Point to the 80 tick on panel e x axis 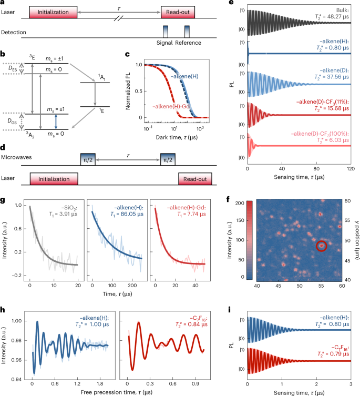[316, 169]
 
